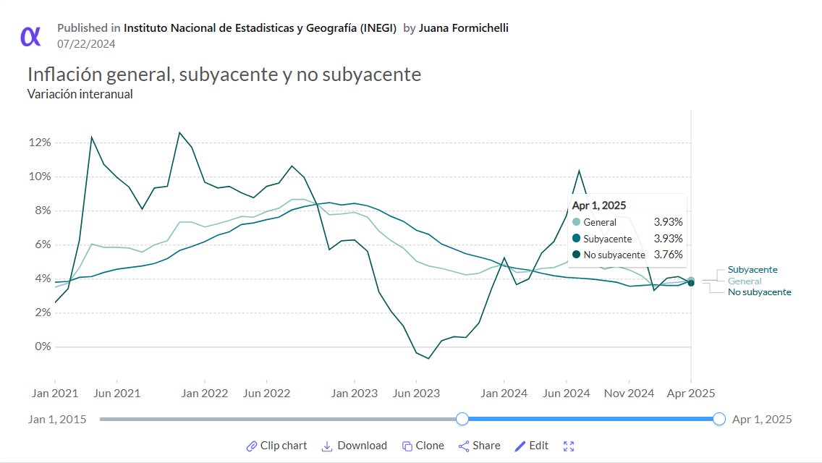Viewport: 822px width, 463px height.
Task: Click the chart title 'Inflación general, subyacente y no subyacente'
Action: (x=224, y=75)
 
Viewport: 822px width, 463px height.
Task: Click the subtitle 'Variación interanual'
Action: (x=80, y=94)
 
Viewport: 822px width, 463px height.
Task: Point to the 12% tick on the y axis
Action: (x=39, y=143)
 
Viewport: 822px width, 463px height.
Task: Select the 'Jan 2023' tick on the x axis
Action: (x=355, y=394)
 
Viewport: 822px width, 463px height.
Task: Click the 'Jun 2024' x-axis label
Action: (x=566, y=394)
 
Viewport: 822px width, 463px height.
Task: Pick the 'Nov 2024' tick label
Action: (x=630, y=394)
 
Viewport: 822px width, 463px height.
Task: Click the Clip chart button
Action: (x=276, y=446)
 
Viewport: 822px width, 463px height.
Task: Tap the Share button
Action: (x=479, y=446)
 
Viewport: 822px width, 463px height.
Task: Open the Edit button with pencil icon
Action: (x=531, y=446)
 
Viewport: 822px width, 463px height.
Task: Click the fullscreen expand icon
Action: (x=569, y=446)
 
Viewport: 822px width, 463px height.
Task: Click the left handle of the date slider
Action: (x=462, y=419)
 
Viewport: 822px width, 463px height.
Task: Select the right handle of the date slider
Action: (x=719, y=419)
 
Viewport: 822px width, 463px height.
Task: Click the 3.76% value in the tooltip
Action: (x=668, y=255)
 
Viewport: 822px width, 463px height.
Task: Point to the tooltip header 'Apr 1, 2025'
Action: (x=599, y=205)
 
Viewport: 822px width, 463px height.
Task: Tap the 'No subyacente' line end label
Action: (x=759, y=292)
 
